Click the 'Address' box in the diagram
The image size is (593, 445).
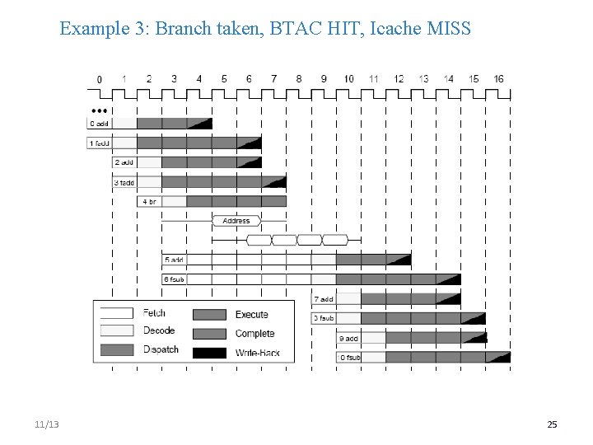click(236, 221)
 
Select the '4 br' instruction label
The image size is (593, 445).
click(149, 201)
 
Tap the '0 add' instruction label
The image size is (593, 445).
click(99, 124)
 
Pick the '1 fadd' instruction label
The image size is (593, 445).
click(100, 143)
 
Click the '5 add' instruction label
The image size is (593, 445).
click(174, 260)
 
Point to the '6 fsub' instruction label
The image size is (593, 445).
click(175, 279)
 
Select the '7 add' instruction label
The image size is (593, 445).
click(324, 299)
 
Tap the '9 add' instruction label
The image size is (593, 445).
click(349, 338)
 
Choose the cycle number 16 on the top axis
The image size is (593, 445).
click(498, 79)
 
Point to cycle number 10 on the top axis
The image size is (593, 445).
click(348, 79)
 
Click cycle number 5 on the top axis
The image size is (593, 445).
click(224, 79)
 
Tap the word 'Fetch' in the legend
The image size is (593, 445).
click(154, 313)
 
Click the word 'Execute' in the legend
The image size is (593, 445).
click(251, 315)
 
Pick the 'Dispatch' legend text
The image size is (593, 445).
click(161, 349)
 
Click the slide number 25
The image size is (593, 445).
click(552, 424)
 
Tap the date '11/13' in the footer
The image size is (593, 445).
click(47, 424)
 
